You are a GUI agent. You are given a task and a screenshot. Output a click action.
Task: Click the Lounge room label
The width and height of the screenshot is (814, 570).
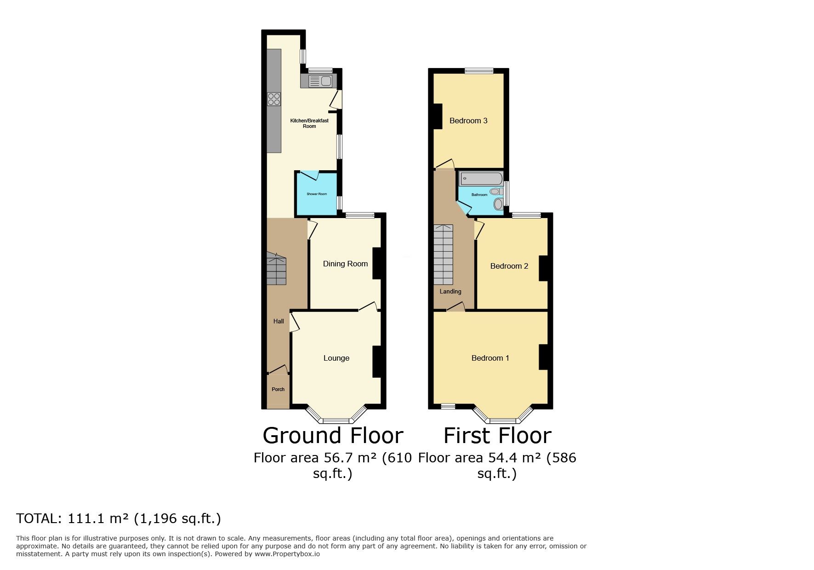click(x=336, y=358)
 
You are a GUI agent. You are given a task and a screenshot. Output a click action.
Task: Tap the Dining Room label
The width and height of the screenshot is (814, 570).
click(x=345, y=264)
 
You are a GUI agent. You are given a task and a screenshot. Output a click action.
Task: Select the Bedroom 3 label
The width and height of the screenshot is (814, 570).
click(x=468, y=121)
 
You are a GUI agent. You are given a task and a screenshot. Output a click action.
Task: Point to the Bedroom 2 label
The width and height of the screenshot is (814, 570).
click(x=509, y=266)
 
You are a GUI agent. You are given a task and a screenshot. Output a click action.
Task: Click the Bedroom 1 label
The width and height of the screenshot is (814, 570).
click(x=490, y=358)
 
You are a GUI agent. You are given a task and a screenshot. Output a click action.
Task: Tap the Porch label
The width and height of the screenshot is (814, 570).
click(x=278, y=389)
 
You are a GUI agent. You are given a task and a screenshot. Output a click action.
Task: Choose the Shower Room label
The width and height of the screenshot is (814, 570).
click(x=317, y=194)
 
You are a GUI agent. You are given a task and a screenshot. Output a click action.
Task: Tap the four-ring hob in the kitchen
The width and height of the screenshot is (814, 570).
click(x=274, y=99)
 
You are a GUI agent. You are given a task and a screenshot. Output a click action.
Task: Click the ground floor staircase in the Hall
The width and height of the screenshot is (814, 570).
click(x=276, y=269)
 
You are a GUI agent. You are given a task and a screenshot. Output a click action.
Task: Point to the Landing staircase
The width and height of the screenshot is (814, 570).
click(x=443, y=255)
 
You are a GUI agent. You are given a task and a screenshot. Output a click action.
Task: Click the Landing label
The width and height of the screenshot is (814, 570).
click(x=450, y=291)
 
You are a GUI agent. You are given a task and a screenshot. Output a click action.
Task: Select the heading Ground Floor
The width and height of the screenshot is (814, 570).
click(x=333, y=435)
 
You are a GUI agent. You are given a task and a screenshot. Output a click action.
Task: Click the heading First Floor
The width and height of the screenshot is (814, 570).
click(x=497, y=435)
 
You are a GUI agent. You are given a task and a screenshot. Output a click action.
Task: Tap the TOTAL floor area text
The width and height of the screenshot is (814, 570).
click(x=119, y=518)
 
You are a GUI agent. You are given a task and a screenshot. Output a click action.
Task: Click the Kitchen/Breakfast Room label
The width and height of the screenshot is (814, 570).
click(x=309, y=123)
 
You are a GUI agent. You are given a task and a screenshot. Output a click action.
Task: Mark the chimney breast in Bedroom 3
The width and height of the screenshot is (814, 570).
click(x=438, y=116)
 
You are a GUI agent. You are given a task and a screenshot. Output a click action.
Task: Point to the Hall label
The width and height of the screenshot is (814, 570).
click(x=279, y=322)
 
